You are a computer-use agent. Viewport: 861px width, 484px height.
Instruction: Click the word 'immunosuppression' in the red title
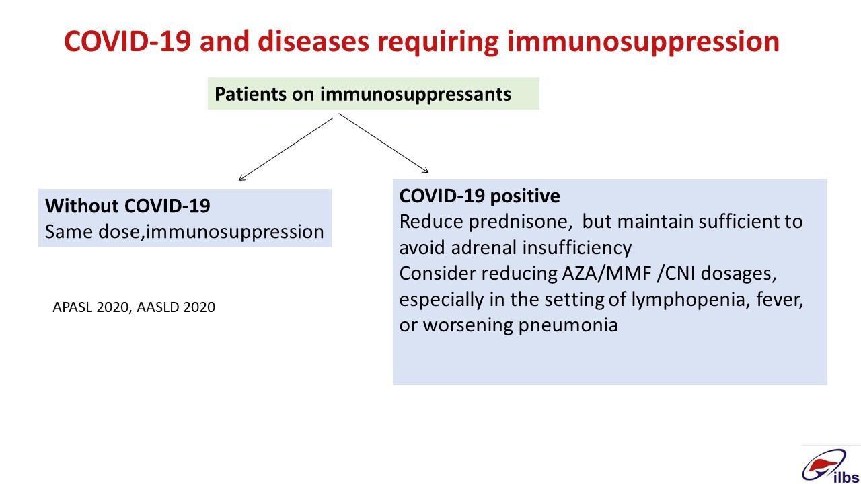coord(643,42)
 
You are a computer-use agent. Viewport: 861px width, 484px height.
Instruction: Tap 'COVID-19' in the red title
coord(127,42)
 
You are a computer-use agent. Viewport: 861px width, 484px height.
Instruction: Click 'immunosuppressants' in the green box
coord(416,95)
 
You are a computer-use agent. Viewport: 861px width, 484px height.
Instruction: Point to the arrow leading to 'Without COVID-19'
coord(286,149)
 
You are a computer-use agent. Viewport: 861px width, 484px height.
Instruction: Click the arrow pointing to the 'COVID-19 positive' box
coord(383,143)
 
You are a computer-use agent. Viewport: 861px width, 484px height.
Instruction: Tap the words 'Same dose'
coord(94,232)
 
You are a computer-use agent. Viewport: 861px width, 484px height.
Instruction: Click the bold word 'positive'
coord(525,196)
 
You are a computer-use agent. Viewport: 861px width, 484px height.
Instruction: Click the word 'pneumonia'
coord(568,326)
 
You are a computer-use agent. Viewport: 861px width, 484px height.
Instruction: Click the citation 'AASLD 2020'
coord(176,307)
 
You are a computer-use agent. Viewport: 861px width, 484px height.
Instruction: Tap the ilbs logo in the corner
coord(830,467)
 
